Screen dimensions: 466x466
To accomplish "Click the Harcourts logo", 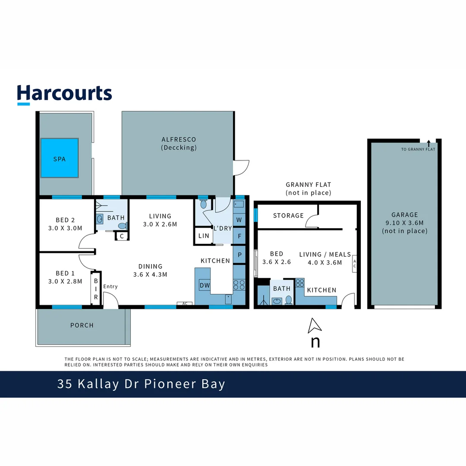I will [x=64, y=94].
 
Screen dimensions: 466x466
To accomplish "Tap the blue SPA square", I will [x=60, y=158].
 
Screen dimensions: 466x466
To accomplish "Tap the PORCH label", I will [x=82, y=325].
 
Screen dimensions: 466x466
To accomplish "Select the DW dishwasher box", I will [x=205, y=285].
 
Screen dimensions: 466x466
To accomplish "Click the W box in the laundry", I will [x=239, y=220].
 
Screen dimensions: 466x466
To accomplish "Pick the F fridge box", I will [x=239, y=236].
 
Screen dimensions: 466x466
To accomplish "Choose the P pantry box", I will [x=239, y=255].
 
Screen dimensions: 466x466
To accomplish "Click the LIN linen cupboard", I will [x=204, y=236].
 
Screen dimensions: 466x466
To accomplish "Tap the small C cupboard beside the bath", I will [x=122, y=236].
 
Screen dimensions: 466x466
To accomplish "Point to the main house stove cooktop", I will [x=239, y=285].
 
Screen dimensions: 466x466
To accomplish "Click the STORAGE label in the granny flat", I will [x=288, y=215].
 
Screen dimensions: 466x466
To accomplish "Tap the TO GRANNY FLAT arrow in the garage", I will [x=428, y=144].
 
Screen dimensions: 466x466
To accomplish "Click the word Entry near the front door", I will [x=110, y=287].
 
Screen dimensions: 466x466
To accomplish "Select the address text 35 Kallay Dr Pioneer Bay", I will [x=141, y=384].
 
